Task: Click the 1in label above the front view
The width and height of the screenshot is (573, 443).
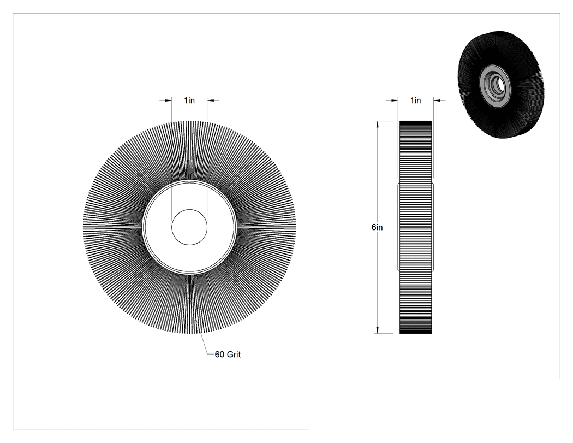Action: point(189,100)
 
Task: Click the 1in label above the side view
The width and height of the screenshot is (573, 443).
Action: point(415,100)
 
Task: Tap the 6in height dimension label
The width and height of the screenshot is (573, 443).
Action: point(377,227)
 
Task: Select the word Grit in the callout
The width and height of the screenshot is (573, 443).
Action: point(234,355)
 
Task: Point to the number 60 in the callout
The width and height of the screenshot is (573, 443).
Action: point(219,355)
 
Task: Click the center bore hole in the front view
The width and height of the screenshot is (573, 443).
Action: point(189,227)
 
